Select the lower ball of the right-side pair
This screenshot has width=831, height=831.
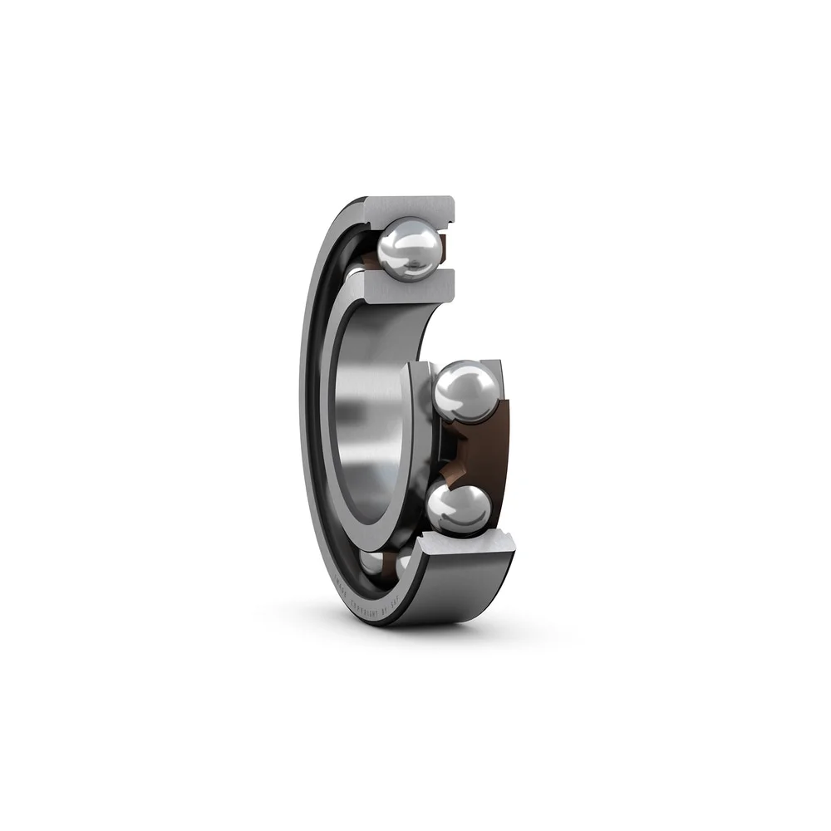pos(458,508)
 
